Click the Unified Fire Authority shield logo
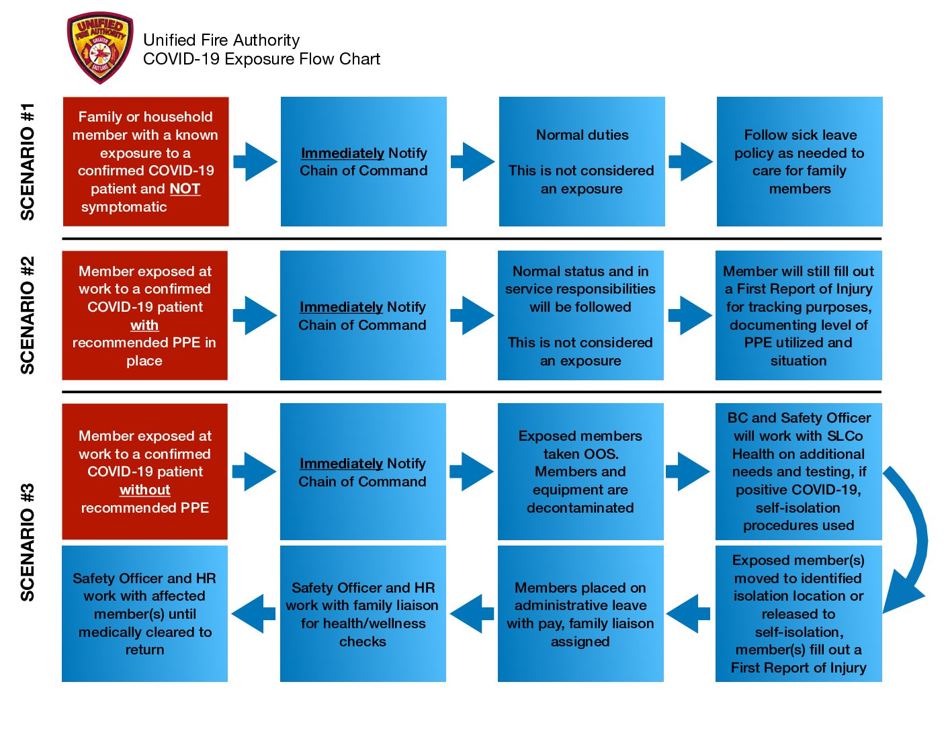(100, 48)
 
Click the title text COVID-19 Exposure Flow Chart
(261, 59)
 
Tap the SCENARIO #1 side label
(28, 161)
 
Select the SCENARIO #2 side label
(28, 315)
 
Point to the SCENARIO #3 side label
(28, 542)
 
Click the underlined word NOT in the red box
(185, 189)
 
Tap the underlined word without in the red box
(145, 490)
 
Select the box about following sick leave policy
(800, 161)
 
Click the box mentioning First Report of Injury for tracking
(798, 315)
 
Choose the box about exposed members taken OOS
(580, 471)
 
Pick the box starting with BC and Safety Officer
(798, 471)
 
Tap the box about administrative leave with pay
(580, 613)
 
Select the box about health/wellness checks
(363, 613)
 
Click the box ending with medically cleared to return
(144, 613)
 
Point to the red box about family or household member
(146, 161)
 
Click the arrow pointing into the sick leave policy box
(691, 161)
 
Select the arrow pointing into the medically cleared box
(253, 613)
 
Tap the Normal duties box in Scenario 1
(582, 161)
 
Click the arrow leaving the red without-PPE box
(254, 471)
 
